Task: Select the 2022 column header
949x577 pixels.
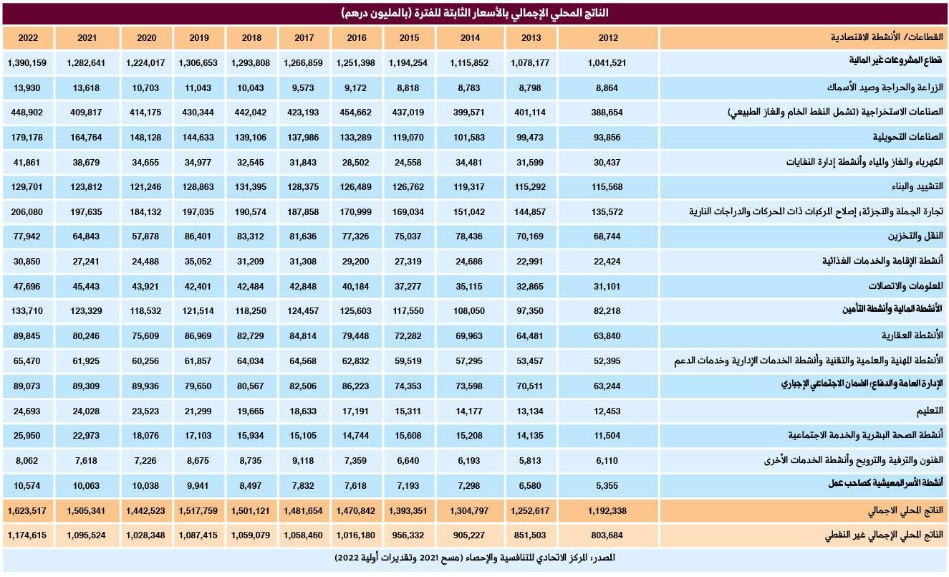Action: (28, 38)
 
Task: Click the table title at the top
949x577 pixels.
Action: (474, 14)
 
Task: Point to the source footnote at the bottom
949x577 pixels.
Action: (474, 557)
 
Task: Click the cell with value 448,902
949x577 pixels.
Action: (28, 113)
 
